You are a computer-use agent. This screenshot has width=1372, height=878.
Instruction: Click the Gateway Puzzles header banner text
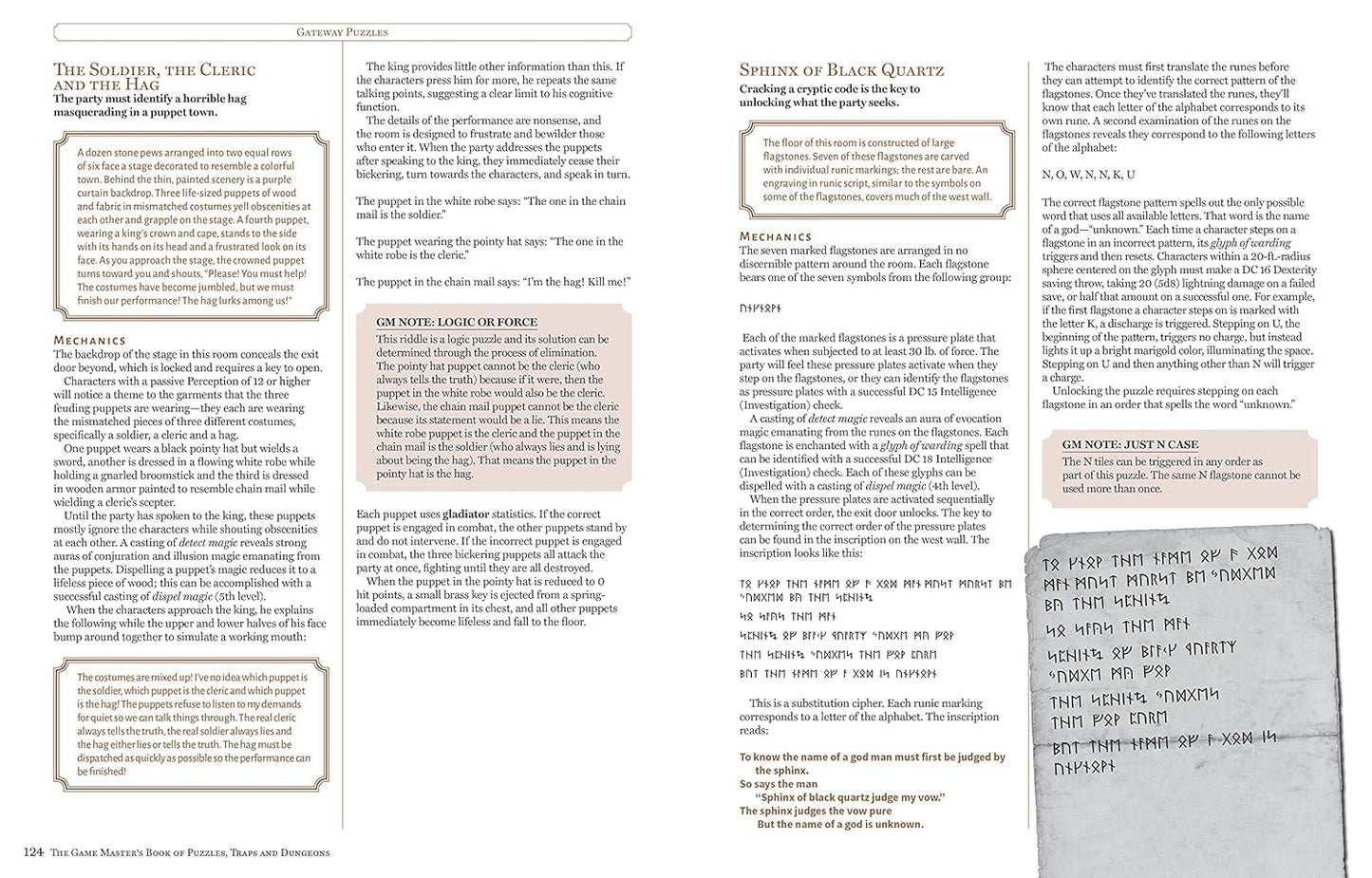[342, 32]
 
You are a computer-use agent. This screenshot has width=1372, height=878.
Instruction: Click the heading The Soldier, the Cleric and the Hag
[154, 77]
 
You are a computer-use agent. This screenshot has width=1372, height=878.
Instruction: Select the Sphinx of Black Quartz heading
[841, 70]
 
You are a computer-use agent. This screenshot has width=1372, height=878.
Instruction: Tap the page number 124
[33, 852]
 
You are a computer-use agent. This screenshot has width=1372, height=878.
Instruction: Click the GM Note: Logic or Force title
[457, 323]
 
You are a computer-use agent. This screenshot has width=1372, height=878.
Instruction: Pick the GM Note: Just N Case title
[1130, 444]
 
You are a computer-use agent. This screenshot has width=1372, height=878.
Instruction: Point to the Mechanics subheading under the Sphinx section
[776, 236]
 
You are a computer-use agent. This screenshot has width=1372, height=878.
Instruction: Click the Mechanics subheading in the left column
[89, 340]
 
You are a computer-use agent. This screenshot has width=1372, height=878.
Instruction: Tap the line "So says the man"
[778, 784]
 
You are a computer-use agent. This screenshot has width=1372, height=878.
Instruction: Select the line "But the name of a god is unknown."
[839, 824]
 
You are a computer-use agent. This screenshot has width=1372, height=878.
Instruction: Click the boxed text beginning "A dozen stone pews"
[192, 226]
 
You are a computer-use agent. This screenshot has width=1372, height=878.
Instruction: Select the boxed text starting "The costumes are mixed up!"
[192, 724]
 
